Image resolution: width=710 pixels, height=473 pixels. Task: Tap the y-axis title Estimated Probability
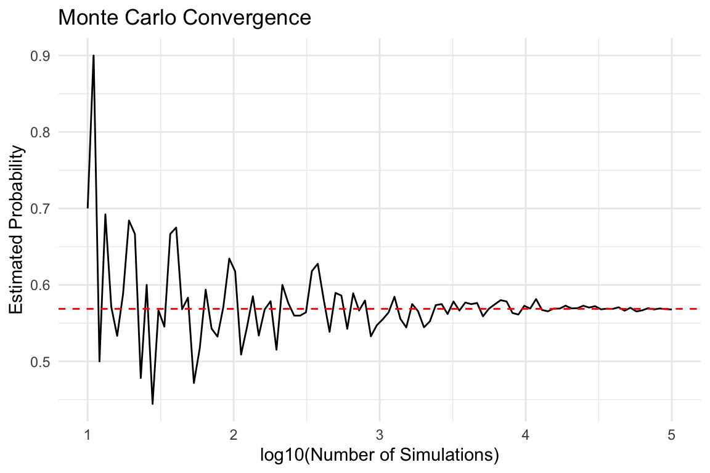17,230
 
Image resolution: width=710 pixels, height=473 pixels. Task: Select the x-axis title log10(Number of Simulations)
379,456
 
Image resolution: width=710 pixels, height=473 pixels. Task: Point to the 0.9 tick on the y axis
41,56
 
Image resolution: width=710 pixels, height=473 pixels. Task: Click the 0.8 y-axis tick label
41,132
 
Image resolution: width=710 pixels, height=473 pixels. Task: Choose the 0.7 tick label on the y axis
41,209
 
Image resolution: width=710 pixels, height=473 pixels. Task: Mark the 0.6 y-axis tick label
41,285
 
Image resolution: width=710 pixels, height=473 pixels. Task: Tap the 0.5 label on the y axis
41,362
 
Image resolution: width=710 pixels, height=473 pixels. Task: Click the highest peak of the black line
93,55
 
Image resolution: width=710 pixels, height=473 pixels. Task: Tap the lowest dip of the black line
152,403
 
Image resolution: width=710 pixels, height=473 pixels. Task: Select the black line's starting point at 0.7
88,208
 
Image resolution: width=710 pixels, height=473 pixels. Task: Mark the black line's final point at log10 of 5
671,309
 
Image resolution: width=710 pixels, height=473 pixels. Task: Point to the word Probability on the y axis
17,196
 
